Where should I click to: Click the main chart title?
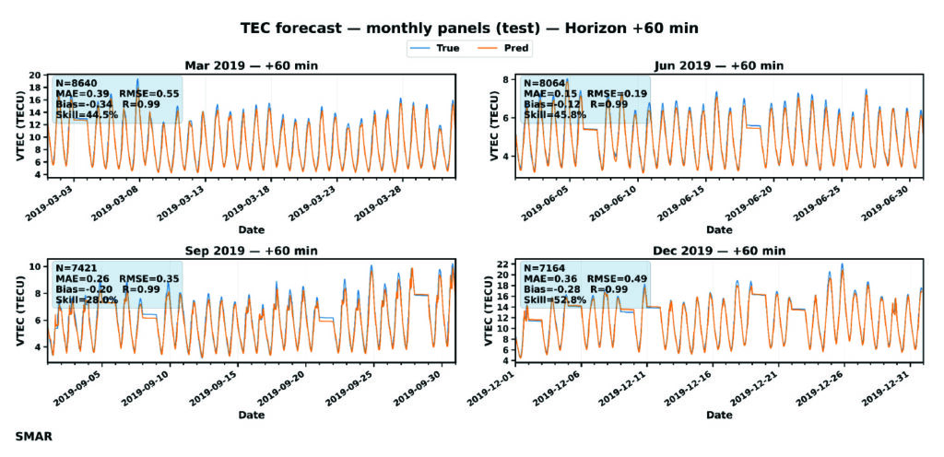[470, 29]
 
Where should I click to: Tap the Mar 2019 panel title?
[252, 65]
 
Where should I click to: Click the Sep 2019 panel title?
[252, 250]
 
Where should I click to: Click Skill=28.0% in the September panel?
[86, 299]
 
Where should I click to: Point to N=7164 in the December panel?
[544, 266]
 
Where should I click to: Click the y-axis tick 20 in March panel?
[36, 75]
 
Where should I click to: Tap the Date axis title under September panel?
[252, 416]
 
